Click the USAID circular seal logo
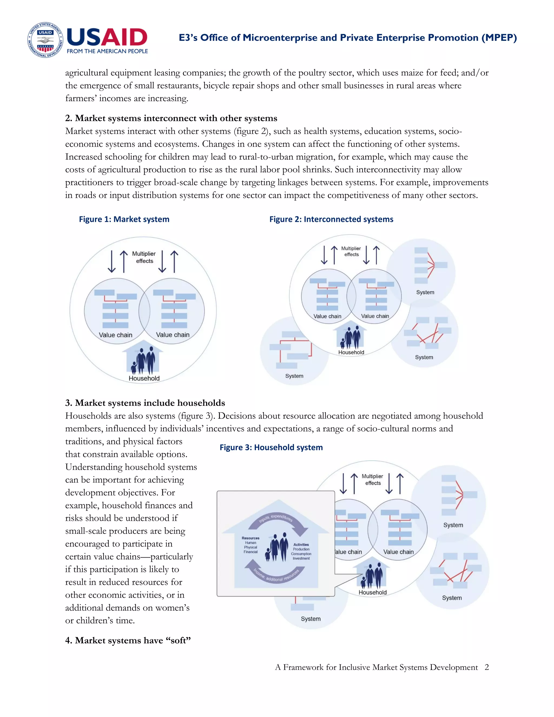coord(45,40)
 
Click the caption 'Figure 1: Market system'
coord(124,219)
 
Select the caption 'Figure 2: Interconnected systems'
coord(331,219)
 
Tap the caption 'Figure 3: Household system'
coord(271,448)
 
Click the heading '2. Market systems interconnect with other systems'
coord(171,118)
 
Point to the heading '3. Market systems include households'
coord(145,403)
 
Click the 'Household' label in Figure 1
coord(144,378)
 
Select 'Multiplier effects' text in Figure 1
coord(144,257)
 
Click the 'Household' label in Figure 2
coord(351,352)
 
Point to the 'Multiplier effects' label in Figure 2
coord(351,251)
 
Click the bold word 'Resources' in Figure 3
coord(250,538)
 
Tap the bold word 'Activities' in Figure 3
coord(301,545)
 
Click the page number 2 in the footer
coord(486,667)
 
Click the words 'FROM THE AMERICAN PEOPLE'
coord(107,51)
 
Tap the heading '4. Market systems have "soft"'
coord(128,640)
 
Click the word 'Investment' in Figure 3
coord(301,558)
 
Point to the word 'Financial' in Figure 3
coord(250,552)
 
